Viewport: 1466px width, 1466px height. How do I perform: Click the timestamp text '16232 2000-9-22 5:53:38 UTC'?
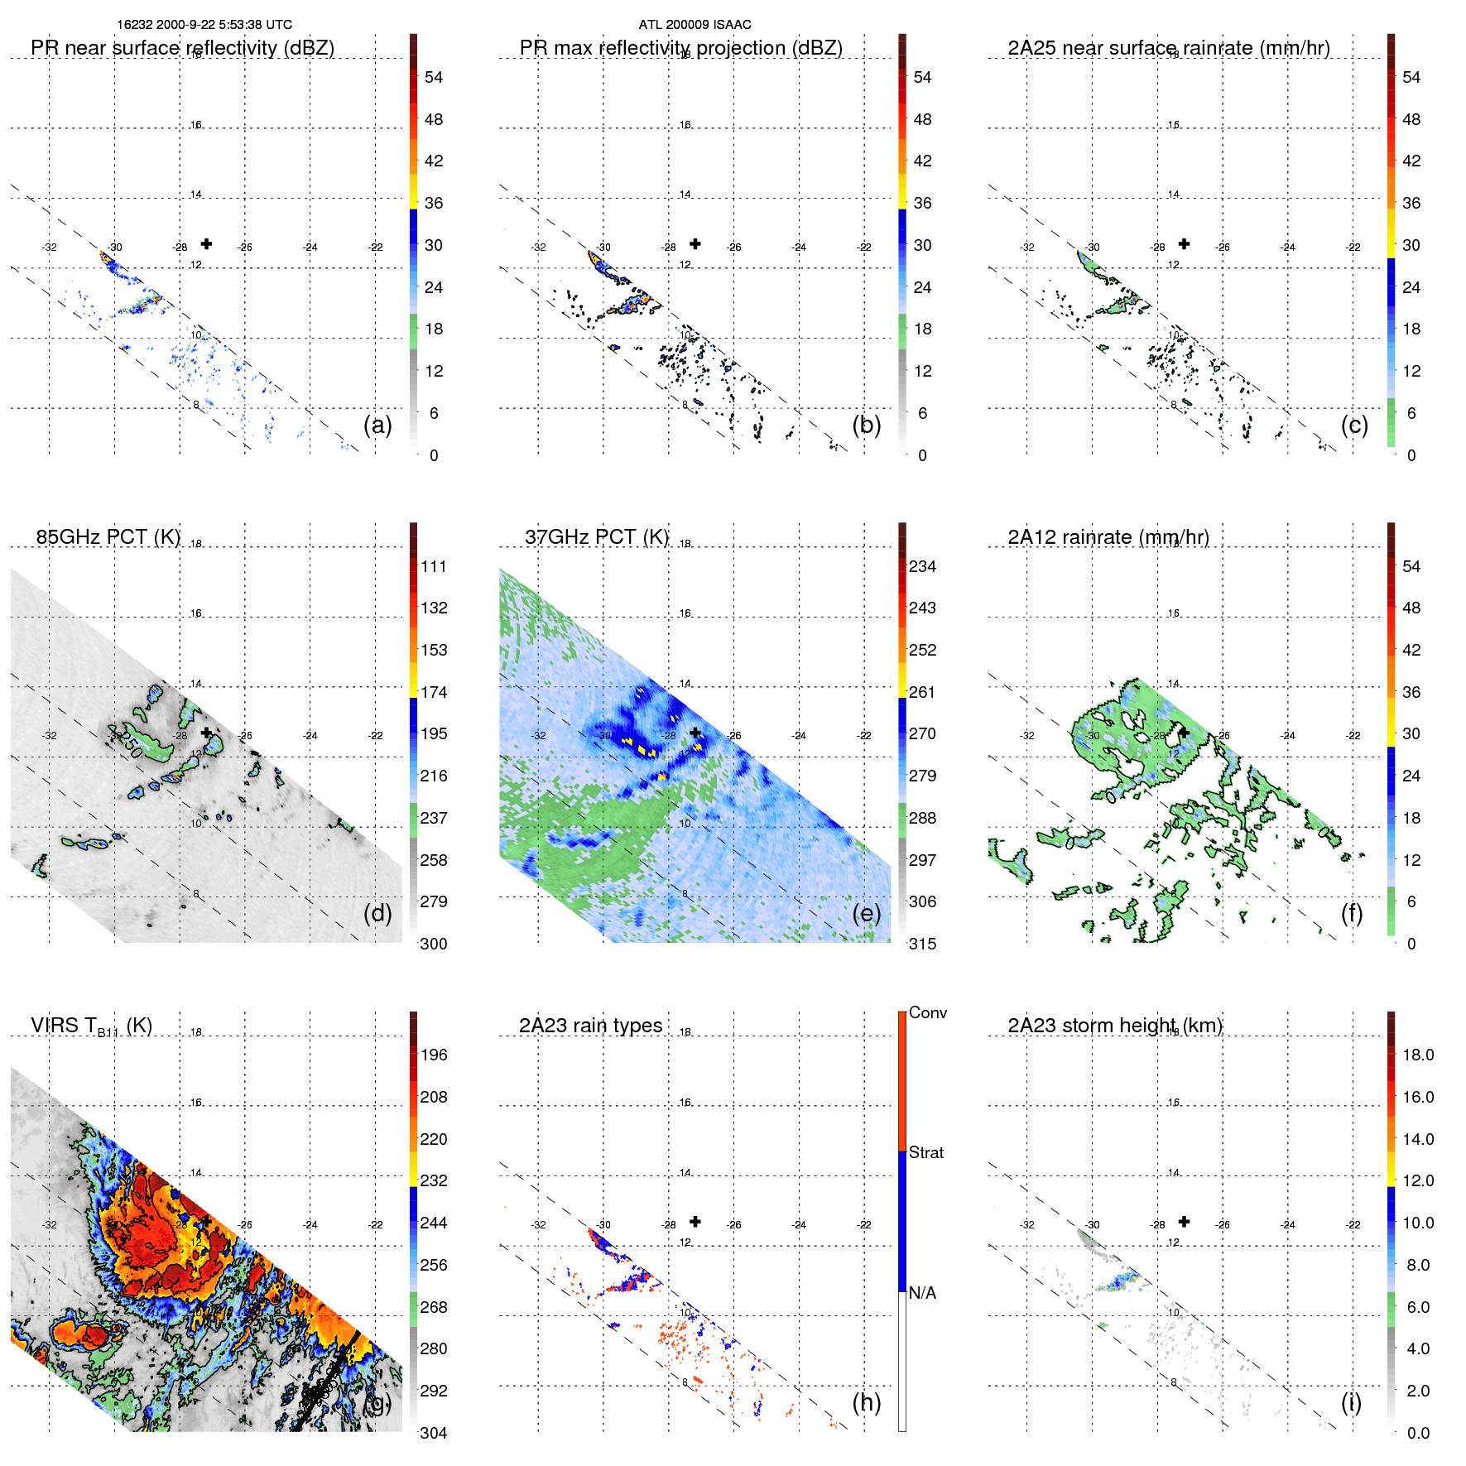204,25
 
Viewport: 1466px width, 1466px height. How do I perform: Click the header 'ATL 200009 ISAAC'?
695,25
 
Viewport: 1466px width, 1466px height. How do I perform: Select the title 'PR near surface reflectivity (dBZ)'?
182,48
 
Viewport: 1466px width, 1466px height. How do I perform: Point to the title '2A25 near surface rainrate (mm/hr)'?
1169,48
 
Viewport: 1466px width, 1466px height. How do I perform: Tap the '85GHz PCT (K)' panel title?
108,537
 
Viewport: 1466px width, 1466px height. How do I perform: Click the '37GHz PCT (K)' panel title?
596,537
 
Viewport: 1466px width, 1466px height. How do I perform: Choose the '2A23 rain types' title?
590,1026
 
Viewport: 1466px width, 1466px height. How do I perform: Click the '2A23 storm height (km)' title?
1115,1026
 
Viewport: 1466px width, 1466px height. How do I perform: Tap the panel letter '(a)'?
377,425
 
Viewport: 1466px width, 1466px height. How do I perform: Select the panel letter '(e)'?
867,913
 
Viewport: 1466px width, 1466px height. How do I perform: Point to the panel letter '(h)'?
867,1402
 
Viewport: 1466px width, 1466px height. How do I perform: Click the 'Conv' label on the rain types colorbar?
928,1012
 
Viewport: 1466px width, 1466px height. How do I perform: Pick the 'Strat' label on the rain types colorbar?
926,1152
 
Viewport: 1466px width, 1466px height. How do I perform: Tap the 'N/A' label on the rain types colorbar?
923,1293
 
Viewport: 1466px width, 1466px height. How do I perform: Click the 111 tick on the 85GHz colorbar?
434,566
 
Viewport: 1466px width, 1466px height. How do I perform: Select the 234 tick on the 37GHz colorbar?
922,566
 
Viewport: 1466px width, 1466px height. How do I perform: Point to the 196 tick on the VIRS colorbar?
434,1055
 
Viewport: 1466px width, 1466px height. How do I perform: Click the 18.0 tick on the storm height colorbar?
1418,1055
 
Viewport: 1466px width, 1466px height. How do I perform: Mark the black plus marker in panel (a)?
206,243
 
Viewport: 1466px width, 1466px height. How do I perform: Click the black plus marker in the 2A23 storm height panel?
1184,1221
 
